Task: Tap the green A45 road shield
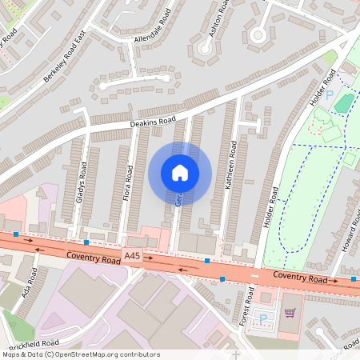click(133, 255)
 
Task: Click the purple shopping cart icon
click(290, 313)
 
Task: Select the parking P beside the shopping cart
click(263, 319)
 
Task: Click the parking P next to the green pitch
click(329, 95)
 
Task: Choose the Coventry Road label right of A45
click(300, 278)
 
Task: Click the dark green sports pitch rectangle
click(343, 103)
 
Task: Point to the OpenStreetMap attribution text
click(81, 354)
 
